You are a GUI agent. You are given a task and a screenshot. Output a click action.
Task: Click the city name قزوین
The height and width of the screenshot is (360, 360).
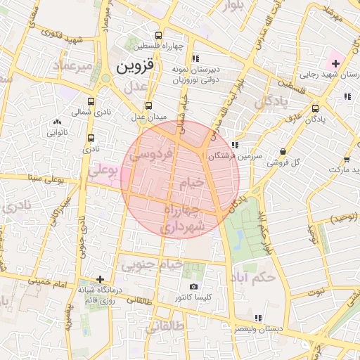click(x=129, y=67)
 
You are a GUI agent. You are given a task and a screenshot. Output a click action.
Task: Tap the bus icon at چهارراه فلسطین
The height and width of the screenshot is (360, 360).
click(x=158, y=35)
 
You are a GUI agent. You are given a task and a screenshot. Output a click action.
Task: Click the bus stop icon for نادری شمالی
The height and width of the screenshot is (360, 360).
click(x=91, y=100)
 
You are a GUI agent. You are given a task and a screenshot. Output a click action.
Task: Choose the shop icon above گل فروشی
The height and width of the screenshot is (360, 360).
click(x=283, y=151)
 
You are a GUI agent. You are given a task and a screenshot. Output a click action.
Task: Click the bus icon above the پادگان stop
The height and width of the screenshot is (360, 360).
click(x=315, y=108)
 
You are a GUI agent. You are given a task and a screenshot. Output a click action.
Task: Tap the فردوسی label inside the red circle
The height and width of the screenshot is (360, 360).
click(x=151, y=154)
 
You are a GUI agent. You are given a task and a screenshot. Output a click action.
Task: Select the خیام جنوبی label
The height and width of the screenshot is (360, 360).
click(x=152, y=266)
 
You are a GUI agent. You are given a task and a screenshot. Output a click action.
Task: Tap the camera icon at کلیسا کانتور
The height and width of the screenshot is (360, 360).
click(x=194, y=286)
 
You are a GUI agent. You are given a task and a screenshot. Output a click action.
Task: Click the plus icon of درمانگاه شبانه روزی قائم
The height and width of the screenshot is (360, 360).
click(x=100, y=279)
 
